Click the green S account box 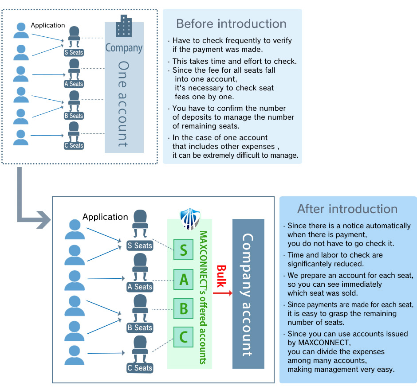coord(183,250)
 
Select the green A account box coord(183,279)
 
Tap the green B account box coord(183,308)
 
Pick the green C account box coord(183,338)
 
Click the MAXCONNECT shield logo coord(189,219)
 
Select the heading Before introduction coord(231,23)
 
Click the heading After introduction coord(347,209)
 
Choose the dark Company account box coord(248,294)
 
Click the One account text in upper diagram coord(123,104)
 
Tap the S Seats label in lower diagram coord(140,246)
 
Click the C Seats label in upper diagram coord(74,145)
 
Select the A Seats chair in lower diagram coord(139,268)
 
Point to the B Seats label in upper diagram coord(74,116)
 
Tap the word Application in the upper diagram coord(48,25)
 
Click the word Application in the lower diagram coord(105,217)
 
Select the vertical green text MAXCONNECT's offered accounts coord(203,297)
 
